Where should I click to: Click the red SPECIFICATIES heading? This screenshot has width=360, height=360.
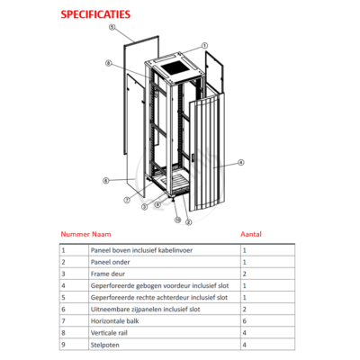95,14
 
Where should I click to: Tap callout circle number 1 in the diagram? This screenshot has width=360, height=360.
204,46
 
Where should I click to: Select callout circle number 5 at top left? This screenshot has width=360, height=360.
112,27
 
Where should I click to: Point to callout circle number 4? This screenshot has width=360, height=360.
241,162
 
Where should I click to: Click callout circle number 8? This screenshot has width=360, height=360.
109,63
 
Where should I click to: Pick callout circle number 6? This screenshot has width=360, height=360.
105,181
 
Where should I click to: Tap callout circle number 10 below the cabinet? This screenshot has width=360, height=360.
178,220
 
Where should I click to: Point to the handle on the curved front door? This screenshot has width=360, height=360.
193,158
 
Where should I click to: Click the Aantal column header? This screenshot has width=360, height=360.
251,234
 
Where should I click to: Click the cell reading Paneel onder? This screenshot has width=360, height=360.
111,262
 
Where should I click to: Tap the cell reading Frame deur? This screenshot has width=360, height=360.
108,274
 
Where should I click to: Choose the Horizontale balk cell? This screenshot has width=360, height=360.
115,321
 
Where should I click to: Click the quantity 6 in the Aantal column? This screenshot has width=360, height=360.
245,321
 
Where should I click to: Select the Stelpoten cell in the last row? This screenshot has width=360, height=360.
105,345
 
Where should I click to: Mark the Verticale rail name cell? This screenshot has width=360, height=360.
109,333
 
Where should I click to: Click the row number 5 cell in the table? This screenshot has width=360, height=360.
63,297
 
